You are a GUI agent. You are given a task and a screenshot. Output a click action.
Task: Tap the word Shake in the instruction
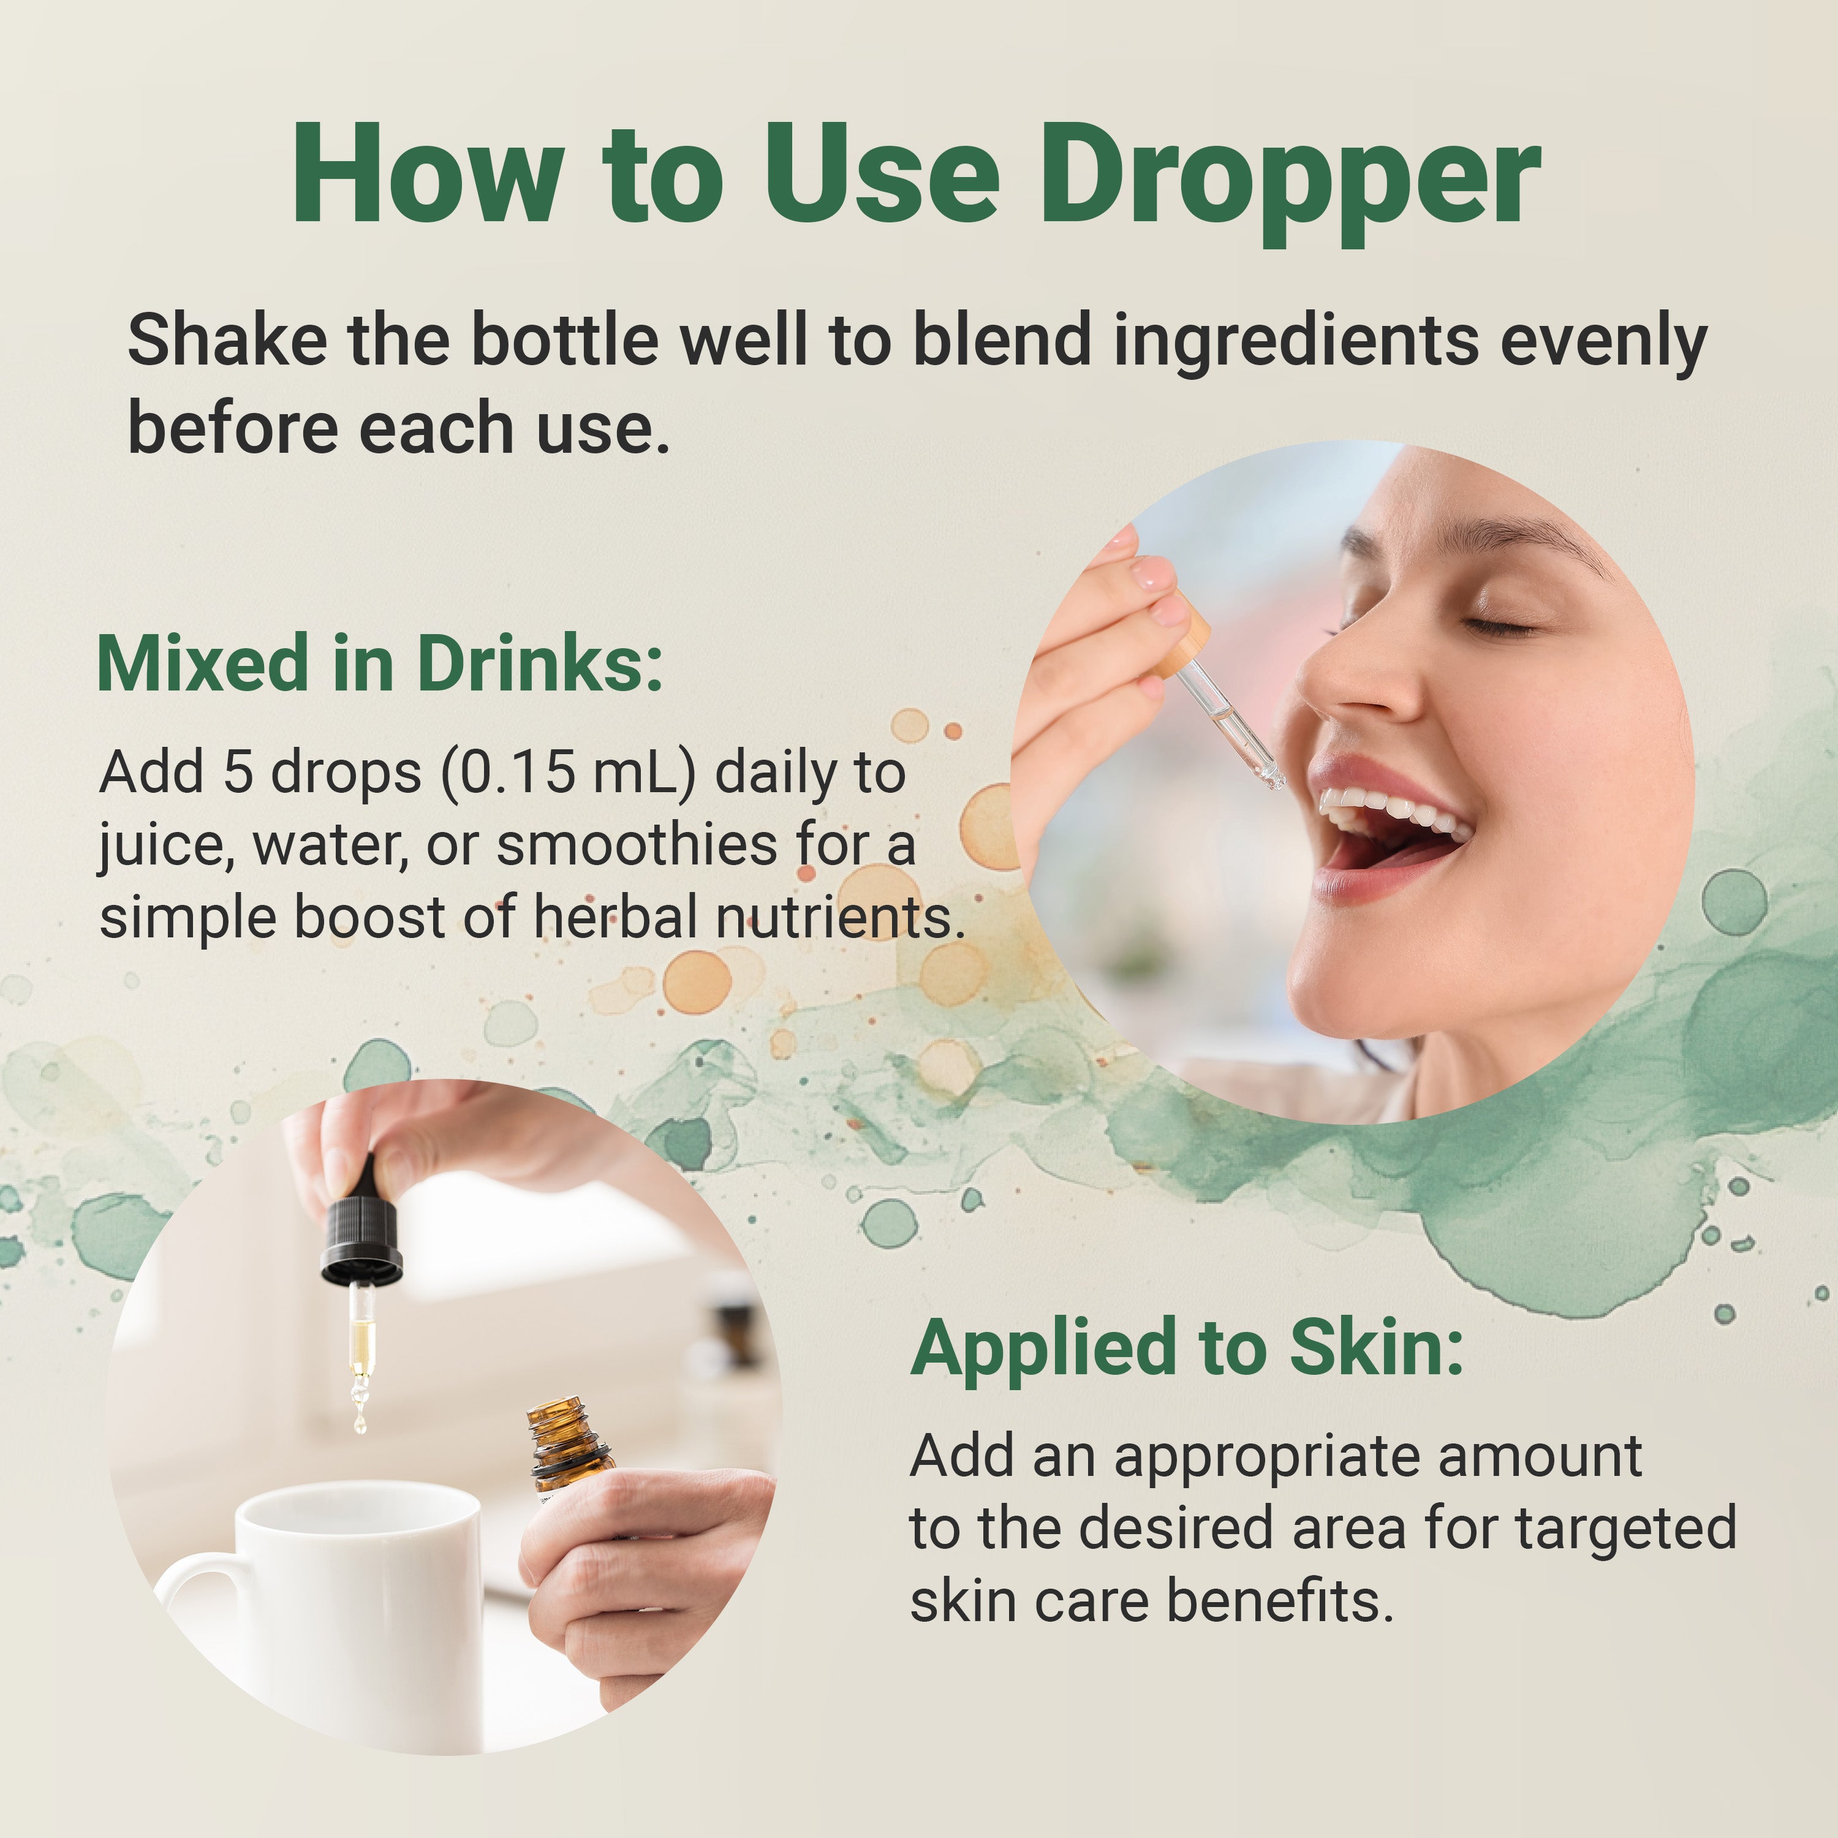tap(227, 339)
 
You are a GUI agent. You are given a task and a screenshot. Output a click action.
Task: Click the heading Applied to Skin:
tap(1187, 1349)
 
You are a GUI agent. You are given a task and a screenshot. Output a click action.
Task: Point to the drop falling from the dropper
tap(360, 1424)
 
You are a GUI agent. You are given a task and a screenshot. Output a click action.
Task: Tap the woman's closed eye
tap(1501, 626)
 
